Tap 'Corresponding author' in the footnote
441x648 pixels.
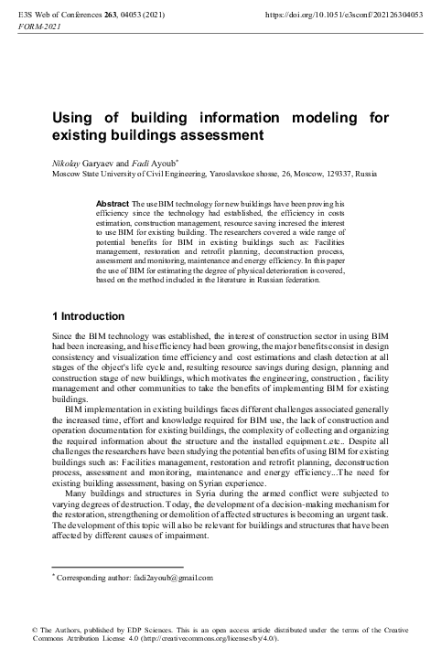coord(91,578)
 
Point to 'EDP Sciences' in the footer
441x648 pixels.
coord(138,629)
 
